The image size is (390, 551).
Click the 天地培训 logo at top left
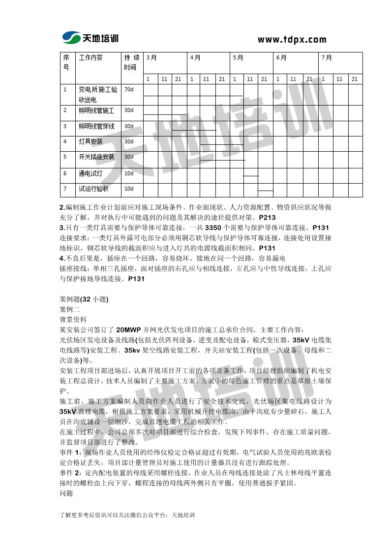[90, 38]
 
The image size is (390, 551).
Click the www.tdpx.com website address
[292, 40]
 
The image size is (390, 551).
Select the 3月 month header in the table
[151, 57]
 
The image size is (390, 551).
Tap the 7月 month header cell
[327, 57]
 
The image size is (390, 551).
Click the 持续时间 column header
[131, 62]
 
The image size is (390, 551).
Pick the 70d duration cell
[129, 89]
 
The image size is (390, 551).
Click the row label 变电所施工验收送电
[98, 94]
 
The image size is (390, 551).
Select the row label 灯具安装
[91, 141]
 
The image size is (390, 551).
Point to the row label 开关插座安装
[96, 157]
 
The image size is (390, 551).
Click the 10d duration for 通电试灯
[129, 173]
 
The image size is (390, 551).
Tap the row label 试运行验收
[93, 189]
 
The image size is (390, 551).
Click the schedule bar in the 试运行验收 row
[265, 190]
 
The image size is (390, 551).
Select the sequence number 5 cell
[65, 157]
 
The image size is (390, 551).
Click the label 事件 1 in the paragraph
[69, 452]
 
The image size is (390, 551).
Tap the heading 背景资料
[73, 319]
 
